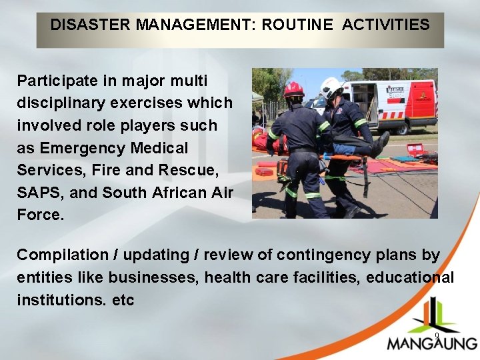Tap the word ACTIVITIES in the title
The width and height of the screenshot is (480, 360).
tap(386, 25)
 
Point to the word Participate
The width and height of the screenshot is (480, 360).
tap(56, 81)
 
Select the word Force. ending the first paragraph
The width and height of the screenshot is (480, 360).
tap(41, 215)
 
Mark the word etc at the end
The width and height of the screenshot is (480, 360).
tap(123, 300)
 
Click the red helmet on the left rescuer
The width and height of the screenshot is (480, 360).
tap(293, 90)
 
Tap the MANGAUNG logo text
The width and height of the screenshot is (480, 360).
tap(432, 344)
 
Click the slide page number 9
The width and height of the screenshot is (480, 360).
tap(437, 336)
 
